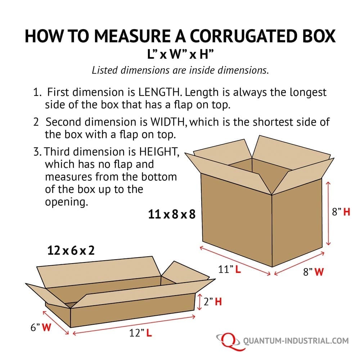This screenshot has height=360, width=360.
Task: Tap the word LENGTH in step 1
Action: coord(159,92)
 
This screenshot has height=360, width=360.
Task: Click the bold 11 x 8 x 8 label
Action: coord(172,214)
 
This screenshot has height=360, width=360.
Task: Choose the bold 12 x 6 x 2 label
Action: coord(71,250)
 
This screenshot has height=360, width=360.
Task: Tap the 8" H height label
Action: coord(341,212)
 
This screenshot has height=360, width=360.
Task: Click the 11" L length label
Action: coord(229,269)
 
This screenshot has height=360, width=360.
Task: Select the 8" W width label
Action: coord(314,271)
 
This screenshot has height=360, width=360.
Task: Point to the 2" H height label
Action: coord(213,301)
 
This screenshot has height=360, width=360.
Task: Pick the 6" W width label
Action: coord(41,327)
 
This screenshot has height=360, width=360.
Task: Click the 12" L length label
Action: coord(140,333)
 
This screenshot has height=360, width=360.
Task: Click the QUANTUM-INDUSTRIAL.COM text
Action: coord(296,341)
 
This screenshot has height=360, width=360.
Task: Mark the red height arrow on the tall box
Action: coord(328,213)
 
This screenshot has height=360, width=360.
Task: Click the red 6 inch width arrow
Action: coord(56,323)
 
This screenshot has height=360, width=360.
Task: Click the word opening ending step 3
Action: coord(67,202)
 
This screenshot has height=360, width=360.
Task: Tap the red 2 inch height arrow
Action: coord(199,302)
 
